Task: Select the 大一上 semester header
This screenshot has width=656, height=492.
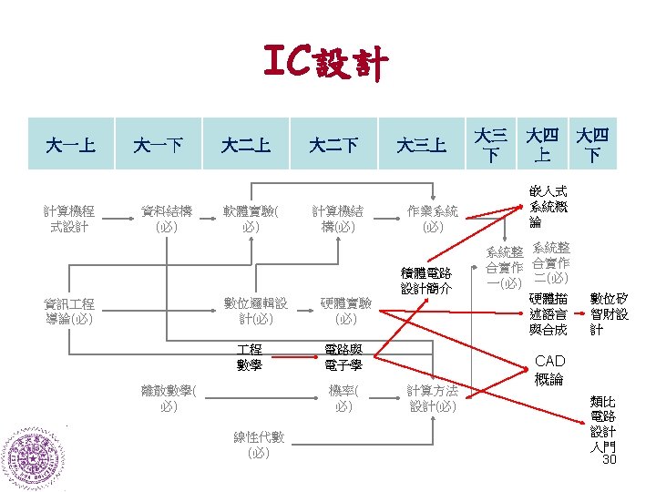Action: (73, 144)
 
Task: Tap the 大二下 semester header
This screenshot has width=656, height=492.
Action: (333, 144)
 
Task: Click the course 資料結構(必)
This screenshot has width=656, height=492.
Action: (167, 219)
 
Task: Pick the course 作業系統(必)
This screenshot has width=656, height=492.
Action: (433, 219)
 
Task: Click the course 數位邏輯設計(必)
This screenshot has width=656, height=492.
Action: (256, 311)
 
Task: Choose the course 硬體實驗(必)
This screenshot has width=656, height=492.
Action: (346, 311)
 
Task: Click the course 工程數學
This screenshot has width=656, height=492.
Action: (249, 357)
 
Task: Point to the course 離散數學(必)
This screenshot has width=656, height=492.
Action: (169, 398)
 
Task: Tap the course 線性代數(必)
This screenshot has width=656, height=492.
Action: (259, 445)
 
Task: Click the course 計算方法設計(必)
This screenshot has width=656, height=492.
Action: (433, 398)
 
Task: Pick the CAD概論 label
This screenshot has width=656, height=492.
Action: (549, 370)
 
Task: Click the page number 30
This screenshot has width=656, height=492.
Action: (610, 459)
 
